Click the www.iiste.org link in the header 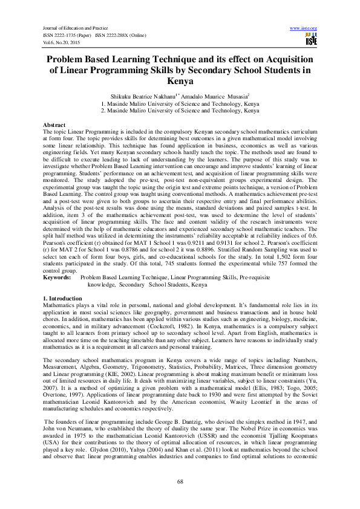pyautogui.click(x=304, y=28)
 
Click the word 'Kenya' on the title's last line pyautogui.click(x=180, y=79)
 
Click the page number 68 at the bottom pyautogui.click(x=180, y=481)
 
